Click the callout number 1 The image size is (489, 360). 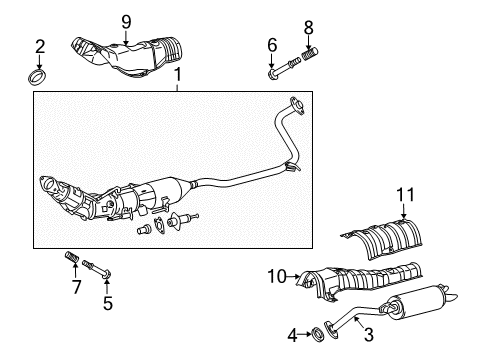click(177, 76)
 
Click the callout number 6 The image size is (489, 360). click(271, 44)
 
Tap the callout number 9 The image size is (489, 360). click(127, 21)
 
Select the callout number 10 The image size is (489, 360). click(276, 272)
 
